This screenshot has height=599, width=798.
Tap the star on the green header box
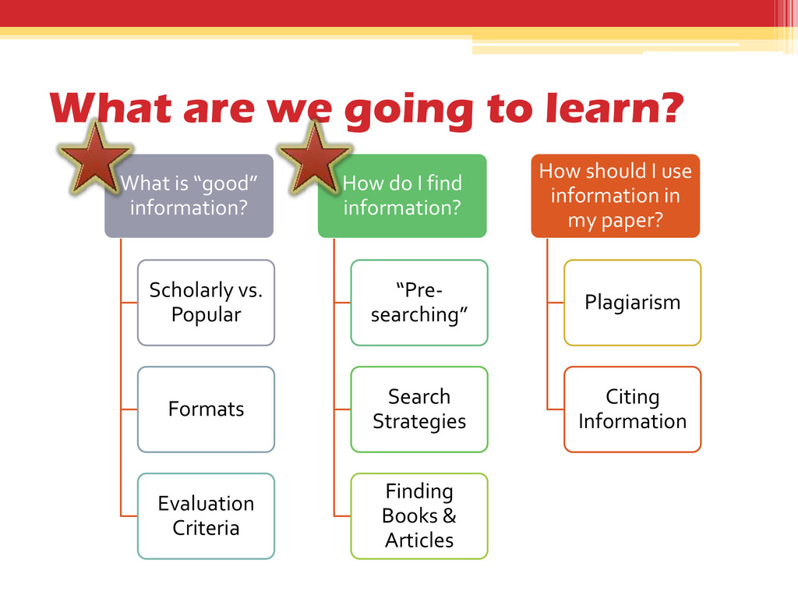point(315,158)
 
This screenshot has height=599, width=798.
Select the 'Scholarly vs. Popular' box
point(206,303)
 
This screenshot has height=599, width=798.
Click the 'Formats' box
point(206,409)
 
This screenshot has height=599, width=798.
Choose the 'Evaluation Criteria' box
point(206,516)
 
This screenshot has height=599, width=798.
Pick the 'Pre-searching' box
point(419,303)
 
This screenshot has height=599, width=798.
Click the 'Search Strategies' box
point(419,409)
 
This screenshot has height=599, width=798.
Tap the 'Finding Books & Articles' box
point(419,516)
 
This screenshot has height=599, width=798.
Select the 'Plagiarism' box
point(632,303)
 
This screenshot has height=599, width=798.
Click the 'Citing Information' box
point(632,409)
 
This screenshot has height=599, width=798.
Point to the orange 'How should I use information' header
point(616,195)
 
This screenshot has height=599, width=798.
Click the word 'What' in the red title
point(109,108)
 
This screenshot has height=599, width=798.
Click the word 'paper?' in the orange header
point(616,220)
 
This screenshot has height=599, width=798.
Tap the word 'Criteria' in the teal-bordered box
point(206,528)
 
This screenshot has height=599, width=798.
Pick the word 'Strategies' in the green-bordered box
point(419,421)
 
